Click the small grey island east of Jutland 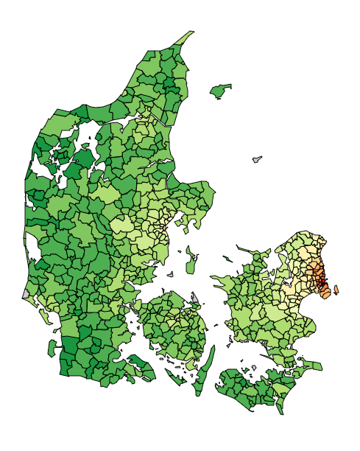[x=257, y=159]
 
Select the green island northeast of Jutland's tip [x=220, y=91]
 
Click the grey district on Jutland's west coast [x=27, y=293]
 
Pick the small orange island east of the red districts [x=336, y=290]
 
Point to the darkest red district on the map [x=321, y=279]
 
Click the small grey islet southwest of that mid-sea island [x=170, y=275]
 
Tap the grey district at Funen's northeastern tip [x=195, y=297]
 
